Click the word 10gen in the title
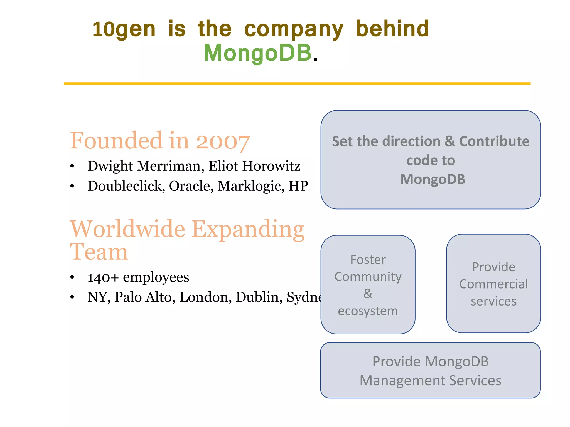pyautogui.click(x=124, y=29)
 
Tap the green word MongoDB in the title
pyautogui.click(x=257, y=53)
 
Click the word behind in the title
pyautogui.click(x=392, y=29)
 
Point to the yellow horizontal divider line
pyautogui.click(x=297, y=83)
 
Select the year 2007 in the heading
pyautogui.click(x=223, y=142)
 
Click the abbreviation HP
pyautogui.click(x=298, y=186)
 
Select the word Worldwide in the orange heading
pyautogui.click(x=127, y=229)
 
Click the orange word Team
pyautogui.click(x=99, y=252)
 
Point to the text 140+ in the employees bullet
pyautogui.click(x=103, y=277)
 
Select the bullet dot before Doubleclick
pyautogui.click(x=72, y=186)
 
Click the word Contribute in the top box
pyautogui.click(x=494, y=141)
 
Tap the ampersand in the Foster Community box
pyautogui.click(x=368, y=294)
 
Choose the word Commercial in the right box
pyautogui.click(x=493, y=284)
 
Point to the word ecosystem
pyautogui.click(x=368, y=311)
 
